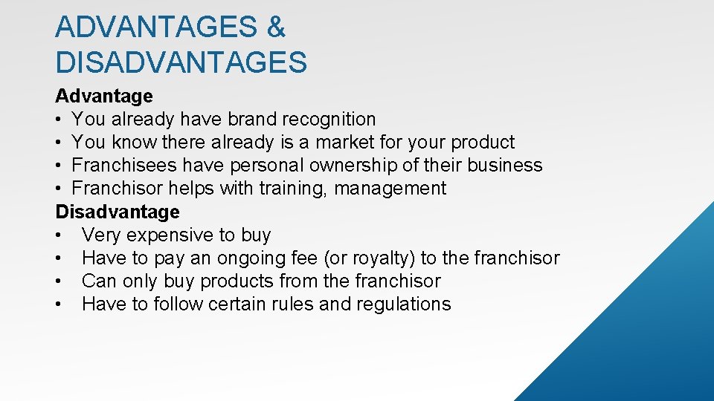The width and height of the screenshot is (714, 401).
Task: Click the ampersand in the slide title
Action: [x=274, y=27]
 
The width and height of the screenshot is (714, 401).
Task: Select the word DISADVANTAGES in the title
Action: [x=181, y=62]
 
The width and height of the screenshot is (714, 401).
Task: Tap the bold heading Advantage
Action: [x=104, y=96]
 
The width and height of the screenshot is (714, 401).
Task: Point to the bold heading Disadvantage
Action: [x=118, y=212]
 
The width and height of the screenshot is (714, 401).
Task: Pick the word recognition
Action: [x=329, y=119]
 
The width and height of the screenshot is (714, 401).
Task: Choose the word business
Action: [x=505, y=165]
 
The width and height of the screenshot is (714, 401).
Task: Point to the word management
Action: [x=390, y=189]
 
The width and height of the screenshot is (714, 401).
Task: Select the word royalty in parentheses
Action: [x=382, y=258]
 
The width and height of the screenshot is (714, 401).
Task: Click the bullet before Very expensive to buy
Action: [x=59, y=235]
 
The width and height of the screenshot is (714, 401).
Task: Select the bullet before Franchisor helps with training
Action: [x=59, y=189]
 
